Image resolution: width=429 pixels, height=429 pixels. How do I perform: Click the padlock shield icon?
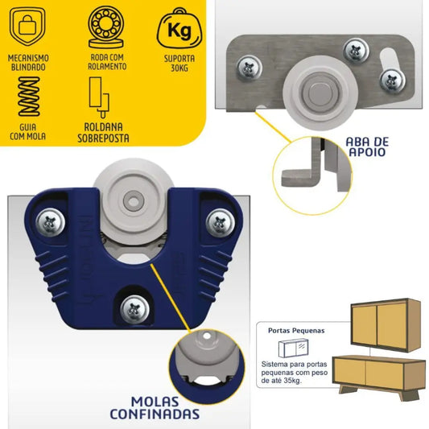[x=27, y=26]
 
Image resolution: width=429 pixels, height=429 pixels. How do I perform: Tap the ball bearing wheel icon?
[x=106, y=27]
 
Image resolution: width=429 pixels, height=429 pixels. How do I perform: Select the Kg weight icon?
[x=179, y=28]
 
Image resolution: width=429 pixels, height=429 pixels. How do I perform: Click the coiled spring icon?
[x=29, y=97]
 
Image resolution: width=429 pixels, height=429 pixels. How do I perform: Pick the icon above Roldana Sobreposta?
[x=99, y=97]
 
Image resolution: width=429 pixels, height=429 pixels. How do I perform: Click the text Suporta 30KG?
[x=179, y=64]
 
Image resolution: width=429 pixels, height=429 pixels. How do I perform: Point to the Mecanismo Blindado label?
[x=28, y=63]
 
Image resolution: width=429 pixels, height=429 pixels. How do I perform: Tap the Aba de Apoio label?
[x=367, y=147]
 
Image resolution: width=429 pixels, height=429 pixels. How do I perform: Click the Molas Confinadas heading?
[x=155, y=408]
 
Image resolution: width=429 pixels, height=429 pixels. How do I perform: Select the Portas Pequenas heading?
[x=296, y=331]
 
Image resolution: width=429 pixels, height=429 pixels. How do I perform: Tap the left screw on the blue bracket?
[x=51, y=222]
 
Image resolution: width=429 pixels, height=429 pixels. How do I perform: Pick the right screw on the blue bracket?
[x=221, y=223]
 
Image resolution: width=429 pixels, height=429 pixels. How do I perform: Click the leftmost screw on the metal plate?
[x=249, y=68]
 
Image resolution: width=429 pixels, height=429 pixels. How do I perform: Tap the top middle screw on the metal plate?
[x=356, y=51]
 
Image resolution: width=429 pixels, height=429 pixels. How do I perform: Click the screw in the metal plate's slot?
[x=393, y=80]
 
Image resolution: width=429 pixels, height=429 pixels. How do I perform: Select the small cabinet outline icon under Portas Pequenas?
[x=294, y=348]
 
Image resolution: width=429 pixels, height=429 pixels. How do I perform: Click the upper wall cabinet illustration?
[x=386, y=325]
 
